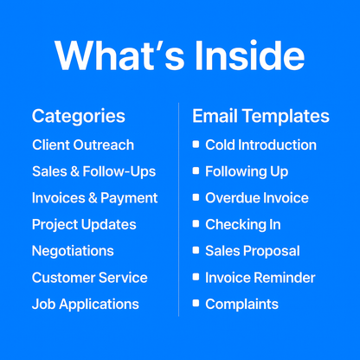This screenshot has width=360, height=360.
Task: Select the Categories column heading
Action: tap(78, 116)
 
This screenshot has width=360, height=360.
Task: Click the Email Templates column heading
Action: tap(260, 116)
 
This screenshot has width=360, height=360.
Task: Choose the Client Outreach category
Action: tap(83, 145)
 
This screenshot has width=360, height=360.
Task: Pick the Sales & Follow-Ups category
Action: tap(88, 171)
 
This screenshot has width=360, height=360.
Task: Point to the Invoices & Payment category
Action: tap(94, 197)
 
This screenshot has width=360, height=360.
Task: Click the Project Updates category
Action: tap(84, 224)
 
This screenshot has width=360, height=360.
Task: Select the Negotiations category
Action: tap(73, 251)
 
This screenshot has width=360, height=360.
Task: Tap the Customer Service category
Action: tap(90, 278)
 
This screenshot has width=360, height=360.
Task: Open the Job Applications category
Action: tap(86, 304)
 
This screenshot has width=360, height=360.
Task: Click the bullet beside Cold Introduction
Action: tap(196, 145)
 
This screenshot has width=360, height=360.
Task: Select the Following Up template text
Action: tap(247, 171)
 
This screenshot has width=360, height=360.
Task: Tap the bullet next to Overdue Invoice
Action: tap(196, 197)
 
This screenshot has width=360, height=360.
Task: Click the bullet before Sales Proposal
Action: tap(196, 251)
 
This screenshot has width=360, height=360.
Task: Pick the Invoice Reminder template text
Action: tap(260, 278)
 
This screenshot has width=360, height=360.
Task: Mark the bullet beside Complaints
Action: tap(196, 304)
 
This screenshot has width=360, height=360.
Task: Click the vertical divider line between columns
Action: tap(179, 208)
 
